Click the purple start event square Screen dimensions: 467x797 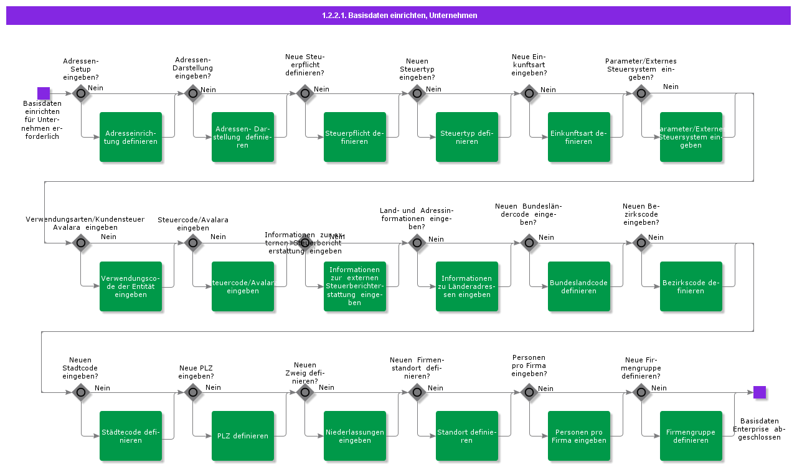click(x=44, y=93)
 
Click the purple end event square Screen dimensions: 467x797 click(x=759, y=392)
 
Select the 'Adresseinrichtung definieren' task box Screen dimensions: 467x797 click(x=131, y=137)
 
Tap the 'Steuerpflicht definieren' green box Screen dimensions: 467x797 click(x=355, y=137)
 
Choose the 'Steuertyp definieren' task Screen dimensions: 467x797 click(x=467, y=137)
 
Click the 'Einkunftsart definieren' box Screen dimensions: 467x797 click(x=579, y=137)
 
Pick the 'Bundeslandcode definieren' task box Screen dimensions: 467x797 click(x=579, y=286)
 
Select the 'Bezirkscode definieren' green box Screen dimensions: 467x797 click(x=691, y=286)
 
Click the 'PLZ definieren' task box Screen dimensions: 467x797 click(x=243, y=436)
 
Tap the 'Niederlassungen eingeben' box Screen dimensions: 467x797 click(x=355, y=436)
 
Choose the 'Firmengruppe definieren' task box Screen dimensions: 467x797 click(x=691, y=436)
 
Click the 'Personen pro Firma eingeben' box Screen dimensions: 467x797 click(x=579, y=436)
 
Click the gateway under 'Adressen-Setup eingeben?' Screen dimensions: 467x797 click(x=81, y=93)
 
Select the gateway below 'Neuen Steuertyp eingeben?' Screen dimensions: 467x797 click(x=417, y=93)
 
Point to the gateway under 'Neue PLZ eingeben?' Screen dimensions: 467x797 click(x=192, y=392)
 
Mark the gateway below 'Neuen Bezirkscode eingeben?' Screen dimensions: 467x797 click(x=641, y=243)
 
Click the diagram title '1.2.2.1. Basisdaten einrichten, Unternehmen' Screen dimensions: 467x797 click(x=398, y=16)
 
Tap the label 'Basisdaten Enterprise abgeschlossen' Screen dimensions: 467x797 click(x=760, y=429)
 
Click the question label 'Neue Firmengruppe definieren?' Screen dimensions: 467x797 click(x=641, y=368)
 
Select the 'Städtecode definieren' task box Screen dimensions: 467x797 click(x=131, y=436)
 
